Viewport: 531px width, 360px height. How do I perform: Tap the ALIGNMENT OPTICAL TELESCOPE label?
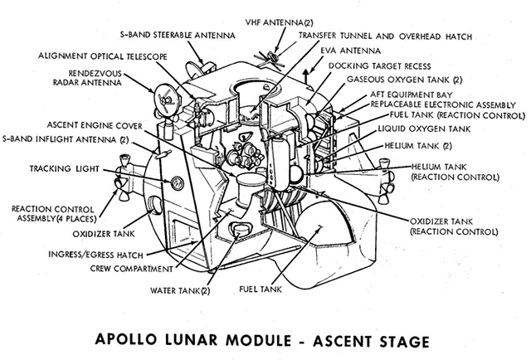[x=103, y=56]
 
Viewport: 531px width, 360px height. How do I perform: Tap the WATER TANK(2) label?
[x=181, y=291]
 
